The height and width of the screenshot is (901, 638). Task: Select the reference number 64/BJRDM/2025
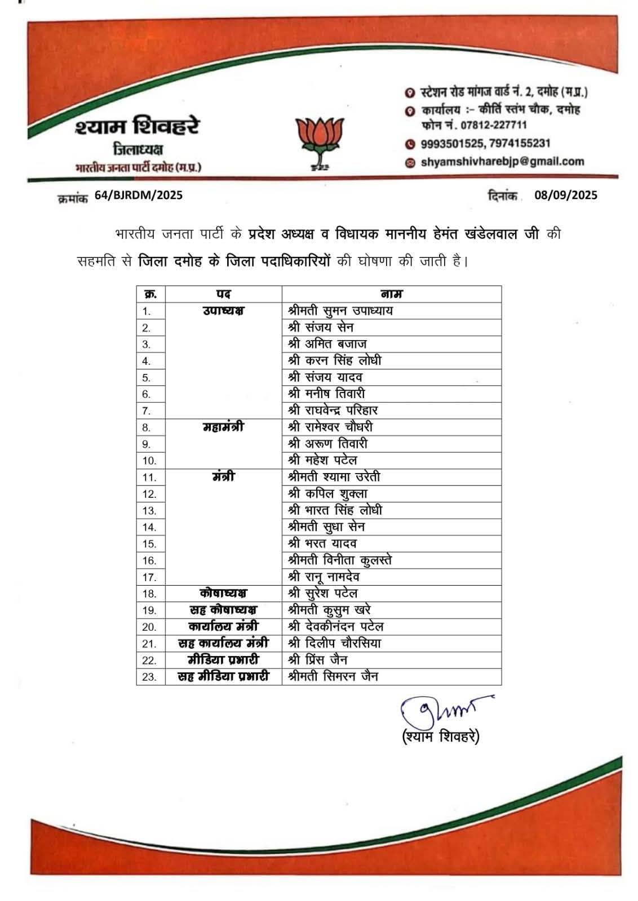tap(139, 195)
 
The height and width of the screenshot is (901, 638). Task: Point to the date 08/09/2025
tap(566, 195)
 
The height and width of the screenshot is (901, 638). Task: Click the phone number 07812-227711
tap(494, 125)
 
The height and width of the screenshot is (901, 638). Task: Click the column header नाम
tap(391, 294)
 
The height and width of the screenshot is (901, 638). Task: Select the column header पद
tap(223, 294)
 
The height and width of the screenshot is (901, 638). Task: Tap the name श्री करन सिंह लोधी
tap(334, 360)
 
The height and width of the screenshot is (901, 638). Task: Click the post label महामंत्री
tap(223, 427)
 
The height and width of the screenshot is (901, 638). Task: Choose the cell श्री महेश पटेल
tap(322, 460)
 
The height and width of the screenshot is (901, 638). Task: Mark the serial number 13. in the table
tap(149, 511)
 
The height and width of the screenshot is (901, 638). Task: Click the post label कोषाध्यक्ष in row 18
tap(223, 593)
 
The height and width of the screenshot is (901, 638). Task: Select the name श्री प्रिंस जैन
tap(317, 659)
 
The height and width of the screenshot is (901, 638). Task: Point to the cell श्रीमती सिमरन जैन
tap(333, 676)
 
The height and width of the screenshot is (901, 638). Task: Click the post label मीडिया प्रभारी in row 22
tap(223, 659)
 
